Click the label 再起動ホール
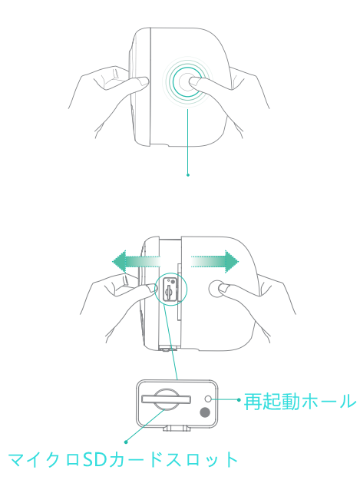[x=300, y=402]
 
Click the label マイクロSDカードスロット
[x=123, y=459]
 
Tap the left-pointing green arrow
[x=136, y=262]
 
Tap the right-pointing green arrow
[x=215, y=262]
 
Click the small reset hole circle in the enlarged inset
[x=208, y=399]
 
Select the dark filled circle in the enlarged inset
[x=205, y=412]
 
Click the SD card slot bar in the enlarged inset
[x=166, y=399]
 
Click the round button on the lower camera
[x=216, y=288]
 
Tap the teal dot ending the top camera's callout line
[x=188, y=175]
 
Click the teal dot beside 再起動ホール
[x=239, y=399]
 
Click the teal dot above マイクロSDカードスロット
[x=126, y=442]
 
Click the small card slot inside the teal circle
[x=168, y=291]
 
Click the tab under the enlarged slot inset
[x=177, y=428]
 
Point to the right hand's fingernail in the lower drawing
[x=224, y=288]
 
